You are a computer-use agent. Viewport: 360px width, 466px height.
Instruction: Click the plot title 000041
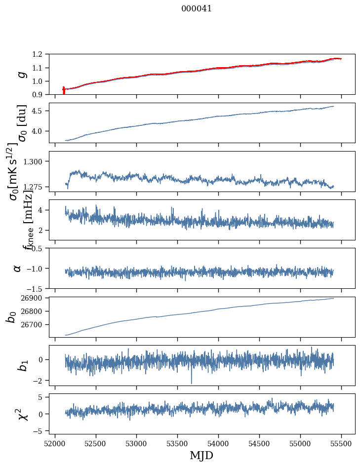point(197,9)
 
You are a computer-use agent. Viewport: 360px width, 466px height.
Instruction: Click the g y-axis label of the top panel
point(21,74)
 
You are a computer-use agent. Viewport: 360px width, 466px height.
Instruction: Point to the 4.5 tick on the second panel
point(43,111)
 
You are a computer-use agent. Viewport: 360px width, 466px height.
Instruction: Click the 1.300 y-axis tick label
point(40,161)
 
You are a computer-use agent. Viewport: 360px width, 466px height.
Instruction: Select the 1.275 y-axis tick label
point(40,187)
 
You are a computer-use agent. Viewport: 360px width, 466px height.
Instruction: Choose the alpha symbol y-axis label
point(17,268)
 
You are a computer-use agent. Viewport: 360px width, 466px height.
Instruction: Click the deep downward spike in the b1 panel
point(192,381)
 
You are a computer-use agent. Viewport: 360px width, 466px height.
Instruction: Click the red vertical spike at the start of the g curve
point(64,90)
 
